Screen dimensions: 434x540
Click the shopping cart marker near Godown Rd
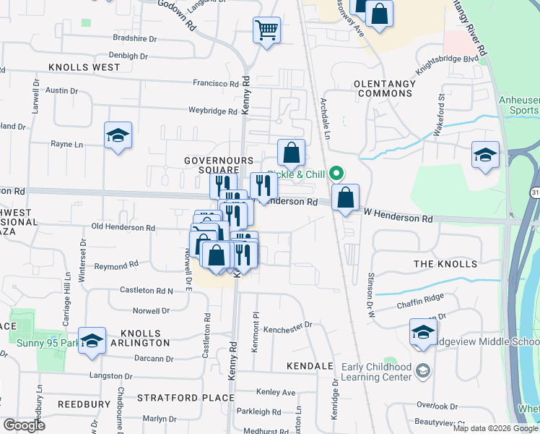pos(266,31)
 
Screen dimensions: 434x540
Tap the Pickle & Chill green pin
pos(336,174)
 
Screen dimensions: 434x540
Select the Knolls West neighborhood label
pos(84,67)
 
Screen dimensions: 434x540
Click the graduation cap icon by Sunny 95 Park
pos(92,341)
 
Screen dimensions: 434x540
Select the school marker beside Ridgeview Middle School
pos(423,332)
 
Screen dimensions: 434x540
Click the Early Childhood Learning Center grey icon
pos(423,371)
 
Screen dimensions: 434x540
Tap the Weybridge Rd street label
pos(212,111)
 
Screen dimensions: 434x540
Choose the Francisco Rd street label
pos(215,84)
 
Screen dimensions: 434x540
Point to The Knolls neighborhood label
pos(445,264)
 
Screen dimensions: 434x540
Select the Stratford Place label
pos(177,398)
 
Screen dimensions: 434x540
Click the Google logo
pos(24,425)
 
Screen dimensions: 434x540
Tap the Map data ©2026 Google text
pos(495,428)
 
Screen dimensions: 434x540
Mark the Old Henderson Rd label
pos(123,227)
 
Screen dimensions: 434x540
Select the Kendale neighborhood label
pos(310,366)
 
